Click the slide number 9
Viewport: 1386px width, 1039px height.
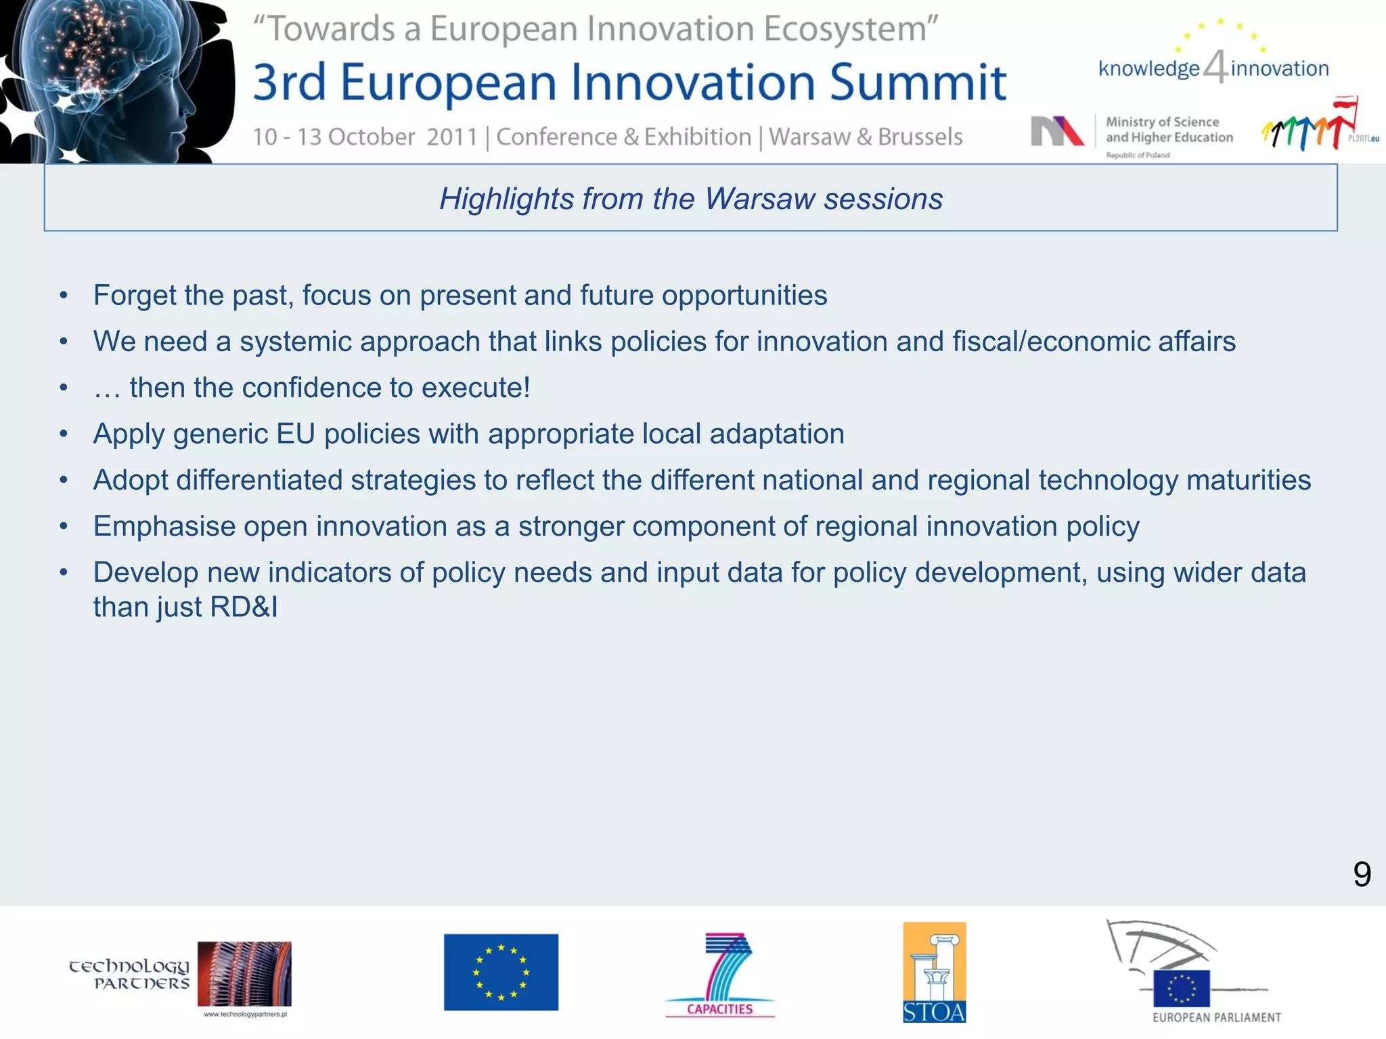click(x=1362, y=875)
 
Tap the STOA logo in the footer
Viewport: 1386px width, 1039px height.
click(x=934, y=972)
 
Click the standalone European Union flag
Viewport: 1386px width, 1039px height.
click(x=501, y=972)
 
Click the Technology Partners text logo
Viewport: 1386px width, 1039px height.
click(x=129, y=974)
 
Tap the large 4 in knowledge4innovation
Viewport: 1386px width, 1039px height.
click(x=1215, y=67)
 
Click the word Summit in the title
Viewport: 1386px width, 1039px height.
click(x=918, y=83)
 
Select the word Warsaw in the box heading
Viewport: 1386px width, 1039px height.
click(x=759, y=199)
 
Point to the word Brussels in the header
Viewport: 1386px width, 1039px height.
click(x=920, y=137)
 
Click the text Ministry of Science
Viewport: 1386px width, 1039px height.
click(x=1162, y=122)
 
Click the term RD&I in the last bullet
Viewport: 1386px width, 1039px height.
click(x=244, y=607)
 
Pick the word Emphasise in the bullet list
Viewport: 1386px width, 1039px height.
click(x=164, y=527)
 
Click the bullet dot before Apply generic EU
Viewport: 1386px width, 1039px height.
click(x=64, y=434)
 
